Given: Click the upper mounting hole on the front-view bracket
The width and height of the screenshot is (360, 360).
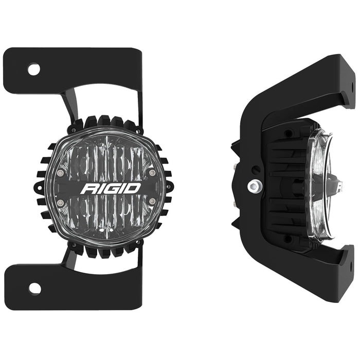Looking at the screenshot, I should coord(34,69).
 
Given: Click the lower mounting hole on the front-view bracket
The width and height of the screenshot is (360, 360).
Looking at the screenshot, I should coord(34,288).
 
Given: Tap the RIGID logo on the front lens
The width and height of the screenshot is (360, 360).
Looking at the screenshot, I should coord(111,188).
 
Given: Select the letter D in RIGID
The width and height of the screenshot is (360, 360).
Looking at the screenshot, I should coord(133,188).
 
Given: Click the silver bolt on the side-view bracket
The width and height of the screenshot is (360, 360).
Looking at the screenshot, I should coord(253,185).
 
